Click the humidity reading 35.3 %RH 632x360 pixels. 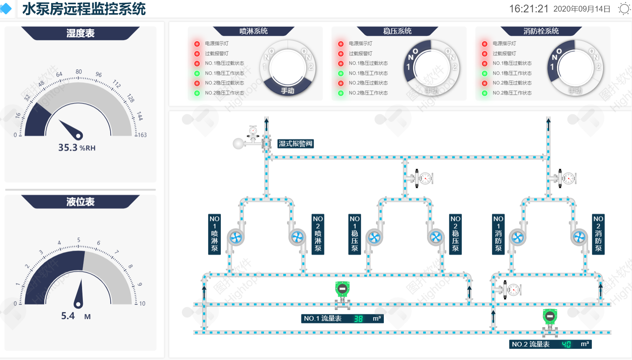click(x=76, y=148)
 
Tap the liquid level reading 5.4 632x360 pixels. click(x=68, y=316)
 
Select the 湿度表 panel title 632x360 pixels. click(x=80, y=33)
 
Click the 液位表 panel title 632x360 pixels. click(x=80, y=202)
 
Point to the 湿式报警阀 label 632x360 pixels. click(x=295, y=144)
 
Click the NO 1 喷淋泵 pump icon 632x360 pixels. click(x=235, y=237)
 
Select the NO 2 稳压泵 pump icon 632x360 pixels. click(x=436, y=237)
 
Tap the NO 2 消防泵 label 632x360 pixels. click(x=598, y=234)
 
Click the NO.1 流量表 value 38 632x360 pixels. click(x=358, y=319)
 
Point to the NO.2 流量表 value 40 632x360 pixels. click(x=566, y=345)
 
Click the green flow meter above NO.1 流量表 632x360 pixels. click(x=342, y=289)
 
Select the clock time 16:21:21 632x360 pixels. click(x=529, y=9)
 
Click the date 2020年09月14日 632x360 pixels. click(x=582, y=9)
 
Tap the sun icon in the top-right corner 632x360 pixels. click(x=624, y=8)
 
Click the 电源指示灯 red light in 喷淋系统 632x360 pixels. click(x=197, y=44)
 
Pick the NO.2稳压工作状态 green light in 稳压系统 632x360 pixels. click(x=341, y=93)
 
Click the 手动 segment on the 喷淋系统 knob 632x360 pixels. click(x=287, y=91)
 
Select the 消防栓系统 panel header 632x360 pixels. click(x=541, y=31)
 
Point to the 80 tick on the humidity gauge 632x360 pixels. click(x=79, y=72)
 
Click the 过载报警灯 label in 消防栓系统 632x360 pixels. click(x=504, y=54)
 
